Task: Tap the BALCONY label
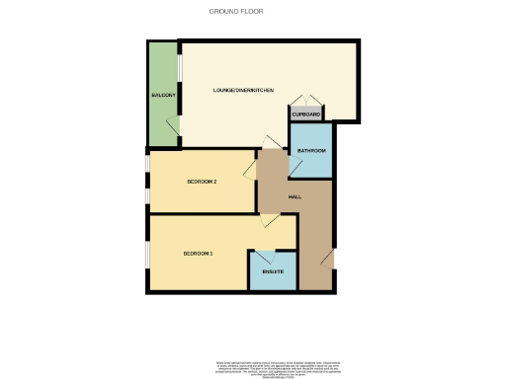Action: pyautogui.click(x=163, y=95)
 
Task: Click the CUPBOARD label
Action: pyautogui.click(x=306, y=115)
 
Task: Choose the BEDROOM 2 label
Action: pyautogui.click(x=202, y=182)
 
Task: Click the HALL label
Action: pyautogui.click(x=295, y=197)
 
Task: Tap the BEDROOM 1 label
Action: pyautogui.click(x=198, y=254)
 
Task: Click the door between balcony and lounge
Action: pyautogui.click(x=173, y=127)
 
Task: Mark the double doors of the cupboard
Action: pyautogui.click(x=306, y=101)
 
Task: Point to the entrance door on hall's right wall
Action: pyautogui.click(x=329, y=259)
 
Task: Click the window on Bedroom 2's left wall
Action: pyautogui.click(x=147, y=181)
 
